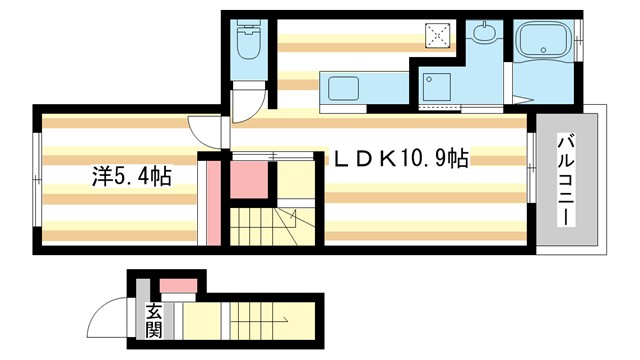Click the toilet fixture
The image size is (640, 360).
pos(245,45)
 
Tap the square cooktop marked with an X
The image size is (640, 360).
pos(438,35)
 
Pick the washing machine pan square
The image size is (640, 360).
pos(437,87)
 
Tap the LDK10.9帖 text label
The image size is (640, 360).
pos(400,158)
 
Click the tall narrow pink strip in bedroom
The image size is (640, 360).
pos(213,204)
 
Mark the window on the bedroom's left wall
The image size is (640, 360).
pos(36,180)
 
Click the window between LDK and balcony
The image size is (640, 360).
pos(531,155)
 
